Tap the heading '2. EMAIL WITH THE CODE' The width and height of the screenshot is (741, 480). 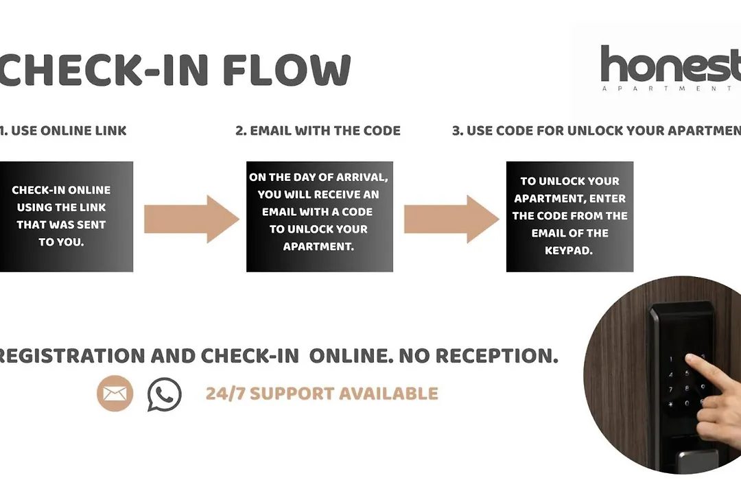[x=318, y=130]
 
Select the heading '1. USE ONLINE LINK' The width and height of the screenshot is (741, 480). [x=64, y=130]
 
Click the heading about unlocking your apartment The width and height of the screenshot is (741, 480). [x=596, y=130]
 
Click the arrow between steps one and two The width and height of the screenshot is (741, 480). [x=191, y=219]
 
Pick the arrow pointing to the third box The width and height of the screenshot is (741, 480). [x=451, y=219]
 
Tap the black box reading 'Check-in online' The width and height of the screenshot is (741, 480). [x=66, y=216]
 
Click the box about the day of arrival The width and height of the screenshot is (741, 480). [x=319, y=216]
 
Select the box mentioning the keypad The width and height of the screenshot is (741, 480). [x=569, y=216]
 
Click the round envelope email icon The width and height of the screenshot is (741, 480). [x=115, y=394]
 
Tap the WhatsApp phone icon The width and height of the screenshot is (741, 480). [x=165, y=394]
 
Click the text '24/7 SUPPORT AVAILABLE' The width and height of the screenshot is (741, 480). [x=322, y=394]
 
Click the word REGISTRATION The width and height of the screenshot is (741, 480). [x=73, y=356]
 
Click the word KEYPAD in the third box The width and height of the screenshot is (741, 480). [x=569, y=250]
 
